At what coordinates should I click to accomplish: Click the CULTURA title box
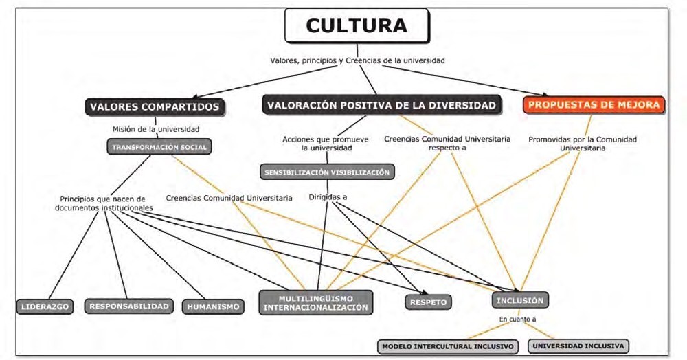356,26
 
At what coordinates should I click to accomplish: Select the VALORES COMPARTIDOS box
155,106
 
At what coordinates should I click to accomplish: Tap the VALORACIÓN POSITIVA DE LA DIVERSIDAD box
381,105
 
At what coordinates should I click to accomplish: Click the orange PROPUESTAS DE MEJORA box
594,105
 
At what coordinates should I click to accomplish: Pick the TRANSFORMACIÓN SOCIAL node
160,146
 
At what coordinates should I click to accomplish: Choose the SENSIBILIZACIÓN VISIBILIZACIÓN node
328,172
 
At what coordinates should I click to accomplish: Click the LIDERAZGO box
45,306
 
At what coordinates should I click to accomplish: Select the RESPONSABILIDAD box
128,306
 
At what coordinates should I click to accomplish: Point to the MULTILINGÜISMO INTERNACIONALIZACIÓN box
316,303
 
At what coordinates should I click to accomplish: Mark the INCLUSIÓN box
520,300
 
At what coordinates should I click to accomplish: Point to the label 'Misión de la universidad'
156,128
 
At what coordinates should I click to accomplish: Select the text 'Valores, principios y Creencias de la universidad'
357,60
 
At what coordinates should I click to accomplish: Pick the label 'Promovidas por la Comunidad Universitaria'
583,143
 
